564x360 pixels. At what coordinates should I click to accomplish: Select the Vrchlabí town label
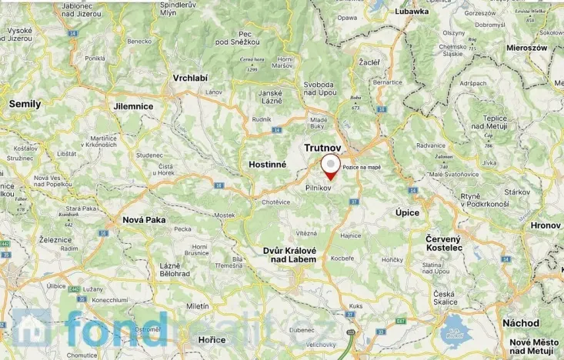[x=191, y=78]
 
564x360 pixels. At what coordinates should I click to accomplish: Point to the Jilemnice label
[x=132, y=105]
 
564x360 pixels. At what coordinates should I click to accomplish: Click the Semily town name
[x=25, y=103]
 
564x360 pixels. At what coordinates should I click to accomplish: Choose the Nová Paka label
[x=145, y=219]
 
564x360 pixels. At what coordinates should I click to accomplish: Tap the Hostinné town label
[x=268, y=165]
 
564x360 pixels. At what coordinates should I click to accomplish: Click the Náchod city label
[x=521, y=323]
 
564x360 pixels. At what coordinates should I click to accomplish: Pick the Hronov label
[x=546, y=225]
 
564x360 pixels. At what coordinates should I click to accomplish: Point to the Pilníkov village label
[x=319, y=187]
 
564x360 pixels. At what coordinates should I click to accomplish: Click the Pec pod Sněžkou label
[x=235, y=36]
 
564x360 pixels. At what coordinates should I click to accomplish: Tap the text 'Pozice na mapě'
[x=362, y=167]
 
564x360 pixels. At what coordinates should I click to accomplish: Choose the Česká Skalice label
[x=445, y=298]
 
